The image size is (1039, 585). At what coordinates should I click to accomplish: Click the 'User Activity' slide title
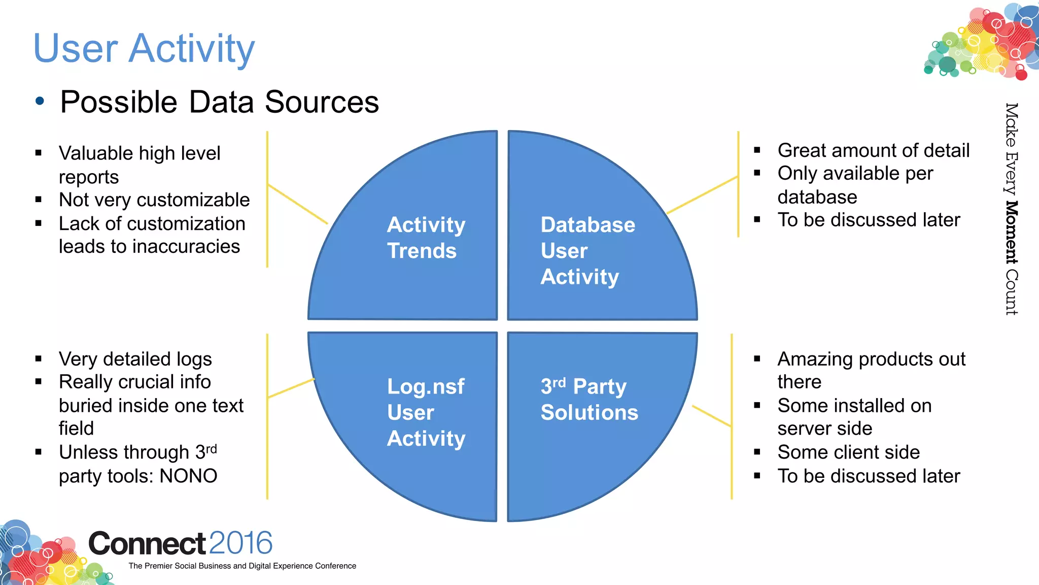144,48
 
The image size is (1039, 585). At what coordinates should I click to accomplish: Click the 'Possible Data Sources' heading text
219,102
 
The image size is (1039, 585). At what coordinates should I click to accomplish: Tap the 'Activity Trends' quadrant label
425,238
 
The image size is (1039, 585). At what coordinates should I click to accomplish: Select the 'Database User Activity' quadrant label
587,251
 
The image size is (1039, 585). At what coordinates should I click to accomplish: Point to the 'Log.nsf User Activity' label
425,412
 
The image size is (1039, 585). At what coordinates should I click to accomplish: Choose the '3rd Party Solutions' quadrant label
588,400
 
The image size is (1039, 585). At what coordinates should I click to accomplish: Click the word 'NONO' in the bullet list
188,476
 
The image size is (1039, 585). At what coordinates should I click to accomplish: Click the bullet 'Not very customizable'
154,200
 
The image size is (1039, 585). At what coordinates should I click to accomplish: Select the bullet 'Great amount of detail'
873,151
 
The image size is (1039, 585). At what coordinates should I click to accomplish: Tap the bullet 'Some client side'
848,452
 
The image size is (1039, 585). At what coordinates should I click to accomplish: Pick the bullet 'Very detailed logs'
135,359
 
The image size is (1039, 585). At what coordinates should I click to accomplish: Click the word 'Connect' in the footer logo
147,543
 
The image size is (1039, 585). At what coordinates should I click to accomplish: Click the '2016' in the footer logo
240,543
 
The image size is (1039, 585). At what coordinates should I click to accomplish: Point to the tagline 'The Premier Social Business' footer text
242,566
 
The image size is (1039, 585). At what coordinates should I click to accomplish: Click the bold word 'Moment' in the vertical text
1011,232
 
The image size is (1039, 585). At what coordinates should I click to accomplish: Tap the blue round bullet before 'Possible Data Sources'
40,101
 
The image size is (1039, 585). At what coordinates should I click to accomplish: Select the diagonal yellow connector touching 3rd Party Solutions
712,416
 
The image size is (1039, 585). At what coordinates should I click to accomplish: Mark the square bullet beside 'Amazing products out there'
757,359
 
